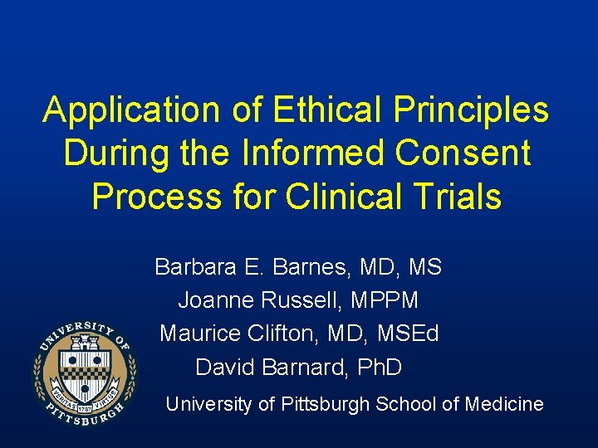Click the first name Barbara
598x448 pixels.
[189, 267]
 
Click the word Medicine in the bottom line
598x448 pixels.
[506, 405]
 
